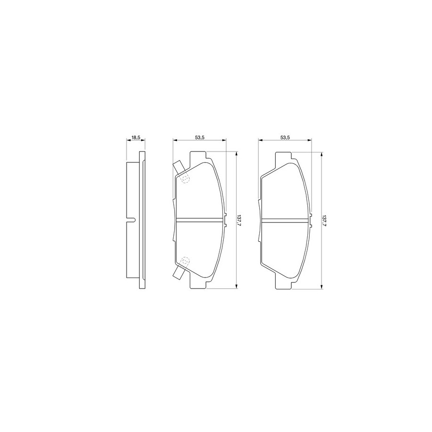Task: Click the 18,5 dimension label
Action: point(136,137)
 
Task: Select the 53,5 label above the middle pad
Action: point(199,137)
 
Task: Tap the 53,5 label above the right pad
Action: point(285,137)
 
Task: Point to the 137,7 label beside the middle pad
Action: point(239,220)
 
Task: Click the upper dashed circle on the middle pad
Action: point(186,179)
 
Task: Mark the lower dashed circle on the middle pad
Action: point(186,261)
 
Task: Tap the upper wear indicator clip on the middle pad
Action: point(179,167)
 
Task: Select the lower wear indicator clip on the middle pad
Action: point(179,273)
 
